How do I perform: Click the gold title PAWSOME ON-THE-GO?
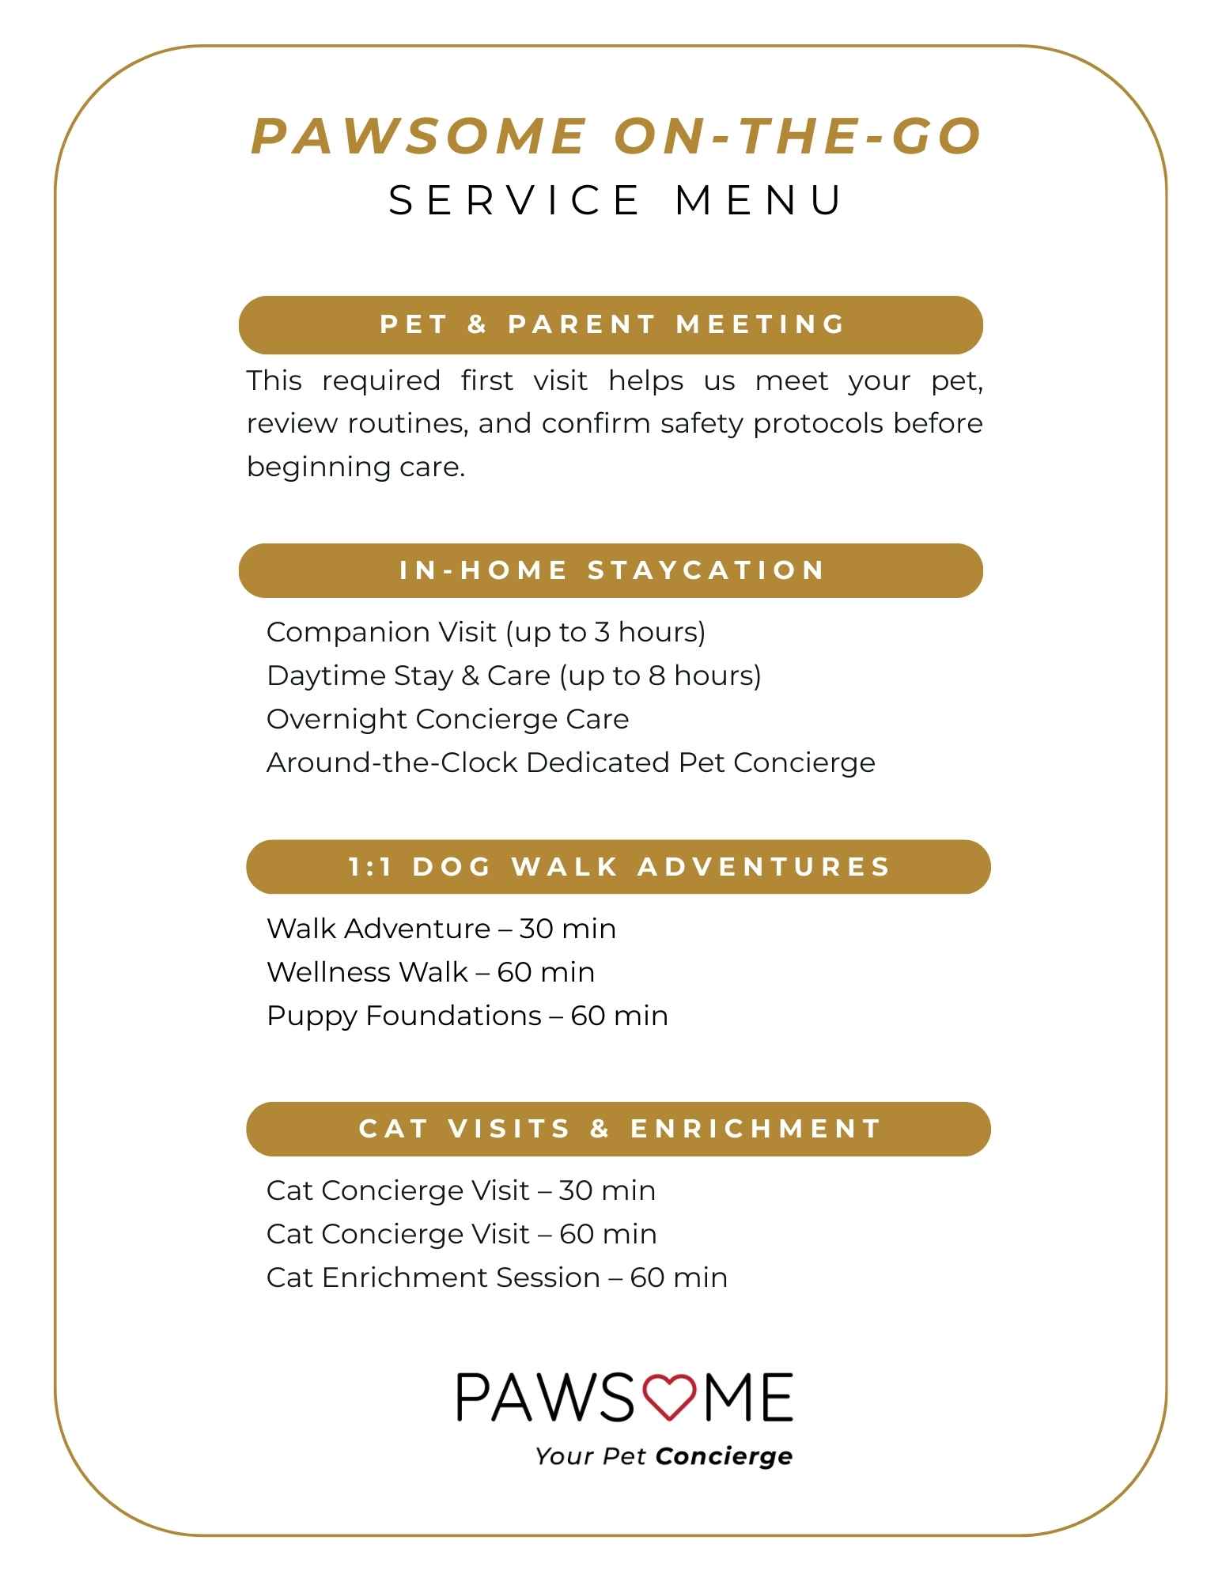click(616, 136)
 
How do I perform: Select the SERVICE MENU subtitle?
click(616, 199)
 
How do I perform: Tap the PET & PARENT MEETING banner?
click(611, 324)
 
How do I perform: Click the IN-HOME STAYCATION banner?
click(611, 570)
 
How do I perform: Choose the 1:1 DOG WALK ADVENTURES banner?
click(619, 867)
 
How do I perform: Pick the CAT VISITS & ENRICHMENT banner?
click(619, 1129)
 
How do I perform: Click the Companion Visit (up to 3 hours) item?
click(486, 632)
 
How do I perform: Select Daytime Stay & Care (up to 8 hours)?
click(513, 676)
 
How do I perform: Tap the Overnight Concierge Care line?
click(448, 719)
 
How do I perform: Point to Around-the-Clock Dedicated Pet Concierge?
click(570, 763)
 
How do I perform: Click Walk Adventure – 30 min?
click(441, 929)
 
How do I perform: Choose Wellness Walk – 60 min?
click(430, 972)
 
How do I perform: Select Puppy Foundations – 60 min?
click(467, 1016)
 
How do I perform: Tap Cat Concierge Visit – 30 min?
click(460, 1190)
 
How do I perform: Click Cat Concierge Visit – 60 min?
click(461, 1234)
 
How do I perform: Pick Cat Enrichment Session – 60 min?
click(497, 1277)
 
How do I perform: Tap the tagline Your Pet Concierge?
click(664, 1456)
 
